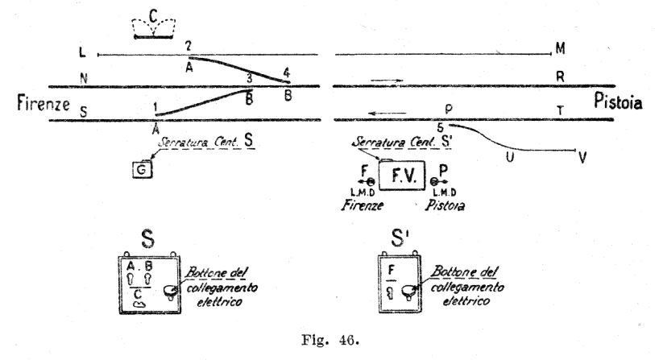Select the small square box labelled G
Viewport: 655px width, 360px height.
pyautogui.click(x=142, y=171)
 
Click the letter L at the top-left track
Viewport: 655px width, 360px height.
pyautogui.click(x=82, y=54)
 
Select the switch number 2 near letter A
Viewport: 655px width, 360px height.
pyautogui.click(x=188, y=45)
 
